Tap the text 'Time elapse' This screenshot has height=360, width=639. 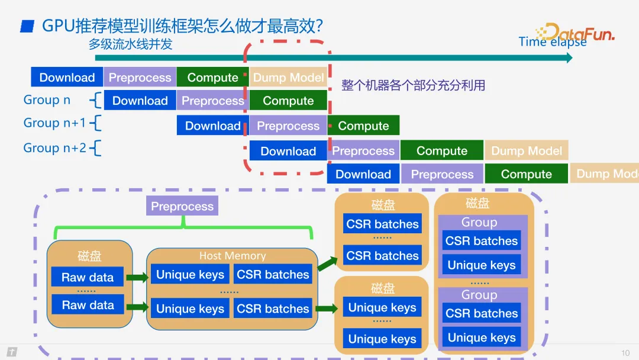coord(552,42)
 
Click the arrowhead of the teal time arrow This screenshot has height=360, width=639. coord(569,57)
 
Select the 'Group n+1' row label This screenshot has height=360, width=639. coord(54,123)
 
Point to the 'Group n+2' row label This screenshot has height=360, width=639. coord(54,148)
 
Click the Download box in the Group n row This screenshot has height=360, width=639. coord(140,101)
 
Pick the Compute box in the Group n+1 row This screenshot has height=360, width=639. coord(363,126)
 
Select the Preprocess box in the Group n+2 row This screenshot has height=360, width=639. coord(363,151)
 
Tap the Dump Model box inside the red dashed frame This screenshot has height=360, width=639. coord(288,78)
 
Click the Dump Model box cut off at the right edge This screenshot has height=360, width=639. coord(604,174)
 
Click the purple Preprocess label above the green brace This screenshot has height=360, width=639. coord(182,206)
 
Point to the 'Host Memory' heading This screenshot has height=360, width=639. coord(232,256)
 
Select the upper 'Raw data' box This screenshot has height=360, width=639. coord(88,277)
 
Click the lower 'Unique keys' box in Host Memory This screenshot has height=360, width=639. coord(190,308)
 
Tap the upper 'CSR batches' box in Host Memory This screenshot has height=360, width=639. coord(273,275)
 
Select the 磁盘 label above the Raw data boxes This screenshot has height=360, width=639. coord(89,256)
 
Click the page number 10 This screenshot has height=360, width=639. coord(625,353)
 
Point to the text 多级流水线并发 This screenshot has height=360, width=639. coord(131,44)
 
